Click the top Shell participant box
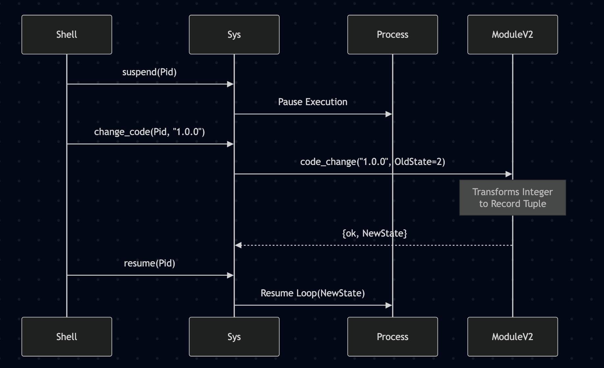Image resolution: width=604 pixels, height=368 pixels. (67, 34)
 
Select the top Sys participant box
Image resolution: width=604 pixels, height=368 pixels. (234, 34)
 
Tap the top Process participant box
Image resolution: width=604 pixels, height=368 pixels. (392, 34)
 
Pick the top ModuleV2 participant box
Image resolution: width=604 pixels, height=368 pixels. (513, 34)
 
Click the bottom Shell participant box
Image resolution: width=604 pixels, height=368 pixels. (67, 337)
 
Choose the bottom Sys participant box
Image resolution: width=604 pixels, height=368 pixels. (234, 337)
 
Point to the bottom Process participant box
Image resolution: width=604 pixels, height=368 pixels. (392, 337)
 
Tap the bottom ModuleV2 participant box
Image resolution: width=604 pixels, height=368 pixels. (513, 337)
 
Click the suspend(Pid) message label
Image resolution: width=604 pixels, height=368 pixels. (149, 72)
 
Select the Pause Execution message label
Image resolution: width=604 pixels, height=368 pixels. (313, 102)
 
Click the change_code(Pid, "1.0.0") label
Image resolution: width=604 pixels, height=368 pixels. (149, 132)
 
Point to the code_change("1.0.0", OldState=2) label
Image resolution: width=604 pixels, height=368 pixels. (372, 162)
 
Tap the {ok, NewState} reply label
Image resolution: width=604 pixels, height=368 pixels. (374, 234)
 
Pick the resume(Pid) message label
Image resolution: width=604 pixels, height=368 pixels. (149, 264)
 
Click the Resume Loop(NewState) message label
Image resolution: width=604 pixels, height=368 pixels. (313, 293)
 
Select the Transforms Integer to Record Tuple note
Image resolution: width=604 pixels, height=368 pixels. (513, 198)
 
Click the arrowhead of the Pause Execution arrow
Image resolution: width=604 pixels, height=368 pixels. (389, 114)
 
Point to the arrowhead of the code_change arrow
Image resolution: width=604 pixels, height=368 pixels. (509, 174)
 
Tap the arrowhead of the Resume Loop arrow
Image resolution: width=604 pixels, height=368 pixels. (389, 305)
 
